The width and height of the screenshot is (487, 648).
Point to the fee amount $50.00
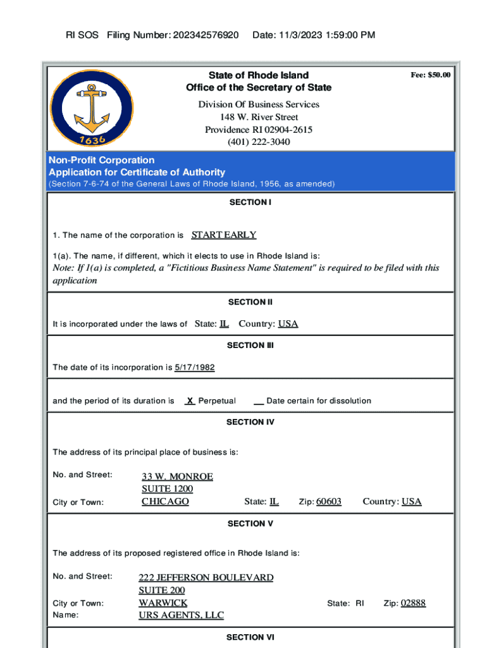click(x=430, y=75)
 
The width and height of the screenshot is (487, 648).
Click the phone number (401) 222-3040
click(x=259, y=142)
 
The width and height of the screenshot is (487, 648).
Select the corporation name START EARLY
click(x=224, y=235)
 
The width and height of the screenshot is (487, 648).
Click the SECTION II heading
click(x=250, y=302)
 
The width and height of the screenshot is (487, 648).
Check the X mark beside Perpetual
click(x=190, y=401)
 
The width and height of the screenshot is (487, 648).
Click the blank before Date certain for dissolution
click(x=259, y=401)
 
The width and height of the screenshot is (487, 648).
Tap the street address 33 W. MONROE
click(x=177, y=477)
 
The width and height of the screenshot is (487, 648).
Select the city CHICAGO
click(x=165, y=501)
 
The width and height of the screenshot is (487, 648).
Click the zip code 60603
click(x=329, y=501)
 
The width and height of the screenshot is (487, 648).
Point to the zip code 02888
click(x=414, y=603)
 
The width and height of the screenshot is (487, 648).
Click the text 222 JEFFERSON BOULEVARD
click(x=206, y=578)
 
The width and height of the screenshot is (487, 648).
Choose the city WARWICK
click(x=163, y=603)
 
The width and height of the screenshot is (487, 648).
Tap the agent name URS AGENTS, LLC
click(x=182, y=615)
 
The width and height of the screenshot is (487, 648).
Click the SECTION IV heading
click(x=250, y=421)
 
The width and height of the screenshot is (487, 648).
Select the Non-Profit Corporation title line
click(x=102, y=160)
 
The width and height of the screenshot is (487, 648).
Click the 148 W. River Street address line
click(x=259, y=117)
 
